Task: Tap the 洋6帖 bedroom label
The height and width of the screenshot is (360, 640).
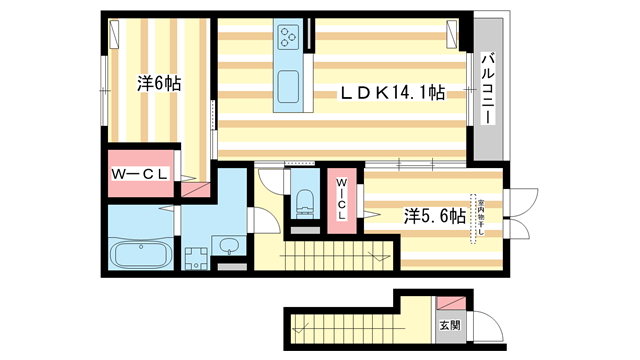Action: [x=158, y=84]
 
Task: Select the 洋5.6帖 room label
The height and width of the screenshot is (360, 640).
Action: [x=434, y=215]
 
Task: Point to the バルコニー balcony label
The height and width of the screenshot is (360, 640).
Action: [x=489, y=90]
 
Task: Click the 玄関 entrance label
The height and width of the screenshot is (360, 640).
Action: [x=449, y=325]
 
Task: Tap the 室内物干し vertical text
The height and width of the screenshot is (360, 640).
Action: [x=481, y=217]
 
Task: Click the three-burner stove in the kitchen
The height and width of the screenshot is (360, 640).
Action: [x=289, y=37]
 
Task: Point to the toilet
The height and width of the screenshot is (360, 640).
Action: [x=304, y=201]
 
